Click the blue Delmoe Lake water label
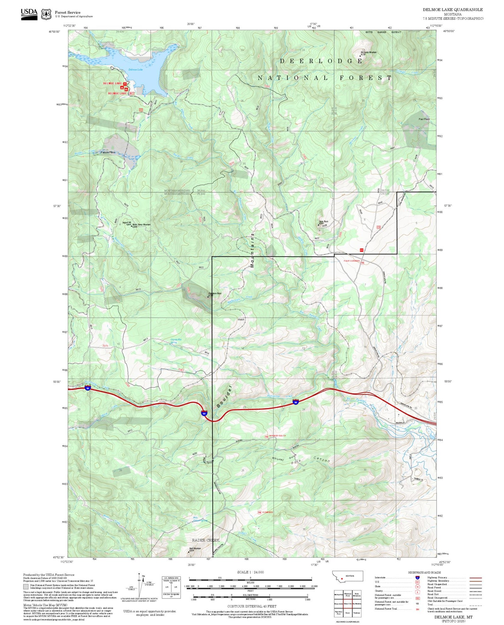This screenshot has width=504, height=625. (x=136, y=70)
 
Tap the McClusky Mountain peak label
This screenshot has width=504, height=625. (x=368, y=52)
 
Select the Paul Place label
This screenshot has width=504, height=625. (x=424, y=119)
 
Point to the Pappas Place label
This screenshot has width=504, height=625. (x=108, y=152)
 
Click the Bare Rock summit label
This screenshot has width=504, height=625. (x=323, y=221)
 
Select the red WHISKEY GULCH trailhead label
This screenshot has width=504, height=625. (x=278, y=436)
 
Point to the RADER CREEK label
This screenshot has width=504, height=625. (x=206, y=540)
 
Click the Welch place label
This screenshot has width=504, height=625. (x=241, y=319)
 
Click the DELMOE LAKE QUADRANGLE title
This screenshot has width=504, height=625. (x=453, y=10)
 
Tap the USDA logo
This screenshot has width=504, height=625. (x=29, y=14)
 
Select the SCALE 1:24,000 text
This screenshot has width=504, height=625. (x=250, y=572)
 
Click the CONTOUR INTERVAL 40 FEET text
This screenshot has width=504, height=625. (x=251, y=606)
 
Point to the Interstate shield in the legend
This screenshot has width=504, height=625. (x=417, y=577)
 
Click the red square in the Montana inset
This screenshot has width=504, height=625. (x=342, y=579)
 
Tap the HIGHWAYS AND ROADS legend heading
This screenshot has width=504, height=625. (x=424, y=572)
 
